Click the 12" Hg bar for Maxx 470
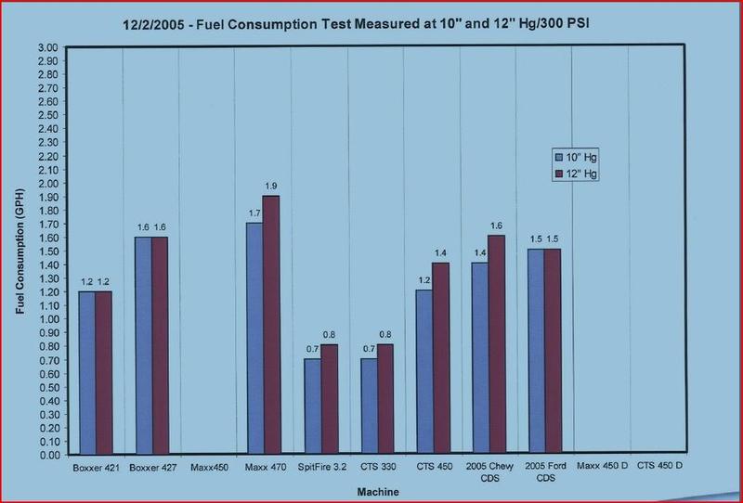(270, 325)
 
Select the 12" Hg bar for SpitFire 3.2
(328, 400)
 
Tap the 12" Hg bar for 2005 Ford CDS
(553, 353)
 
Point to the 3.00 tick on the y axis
(46, 47)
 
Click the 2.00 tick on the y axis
(46, 184)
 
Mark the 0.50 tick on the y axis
(46, 387)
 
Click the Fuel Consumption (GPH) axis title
(20, 251)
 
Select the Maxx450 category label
(206, 467)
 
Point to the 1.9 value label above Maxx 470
(271, 187)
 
